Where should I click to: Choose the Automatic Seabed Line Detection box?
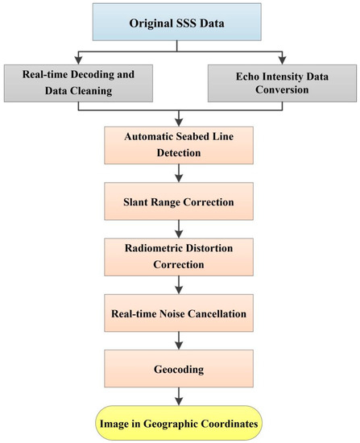pos(179,143)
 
